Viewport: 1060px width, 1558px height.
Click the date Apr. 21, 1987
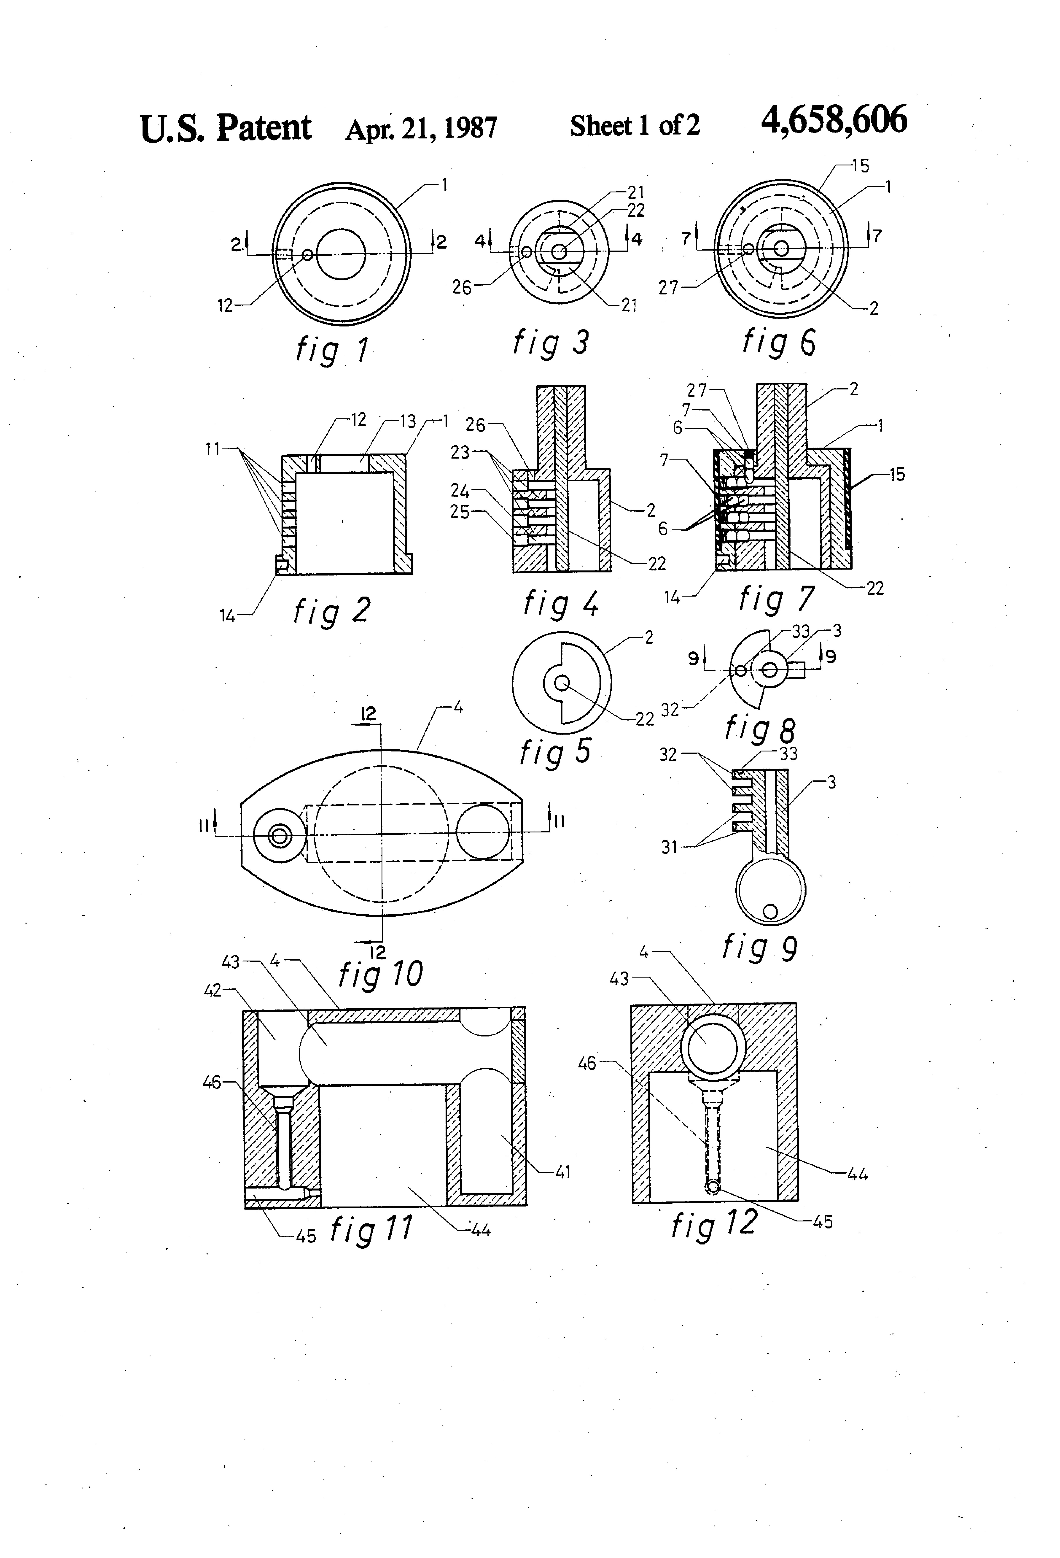[421, 127]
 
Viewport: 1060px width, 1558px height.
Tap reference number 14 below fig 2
[228, 616]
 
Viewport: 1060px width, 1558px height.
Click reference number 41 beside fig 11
[563, 1171]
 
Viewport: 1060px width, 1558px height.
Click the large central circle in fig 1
[341, 254]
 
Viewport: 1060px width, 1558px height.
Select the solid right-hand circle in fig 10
[483, 831]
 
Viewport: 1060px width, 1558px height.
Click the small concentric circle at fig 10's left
[279, 835]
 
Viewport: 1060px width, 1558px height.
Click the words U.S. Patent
[226, 127]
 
